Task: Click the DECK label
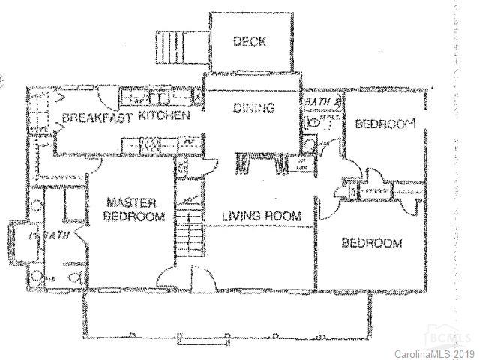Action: (249, 42)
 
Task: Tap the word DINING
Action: (253, 108)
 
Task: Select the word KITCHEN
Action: (161, 118)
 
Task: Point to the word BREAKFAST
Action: (97, 118)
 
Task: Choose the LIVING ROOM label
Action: (261, 216)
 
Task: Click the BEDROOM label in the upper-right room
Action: (384, 125)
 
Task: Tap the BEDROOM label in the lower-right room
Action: (371, 243)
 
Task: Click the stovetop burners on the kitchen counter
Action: (150, 142)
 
